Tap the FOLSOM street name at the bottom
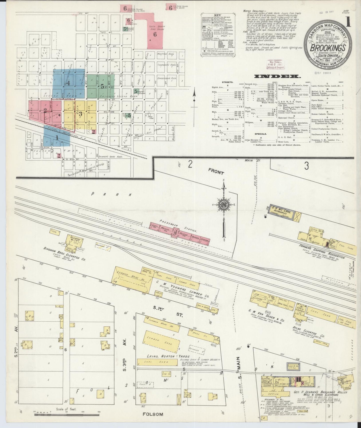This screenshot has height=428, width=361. tap(153, 414)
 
